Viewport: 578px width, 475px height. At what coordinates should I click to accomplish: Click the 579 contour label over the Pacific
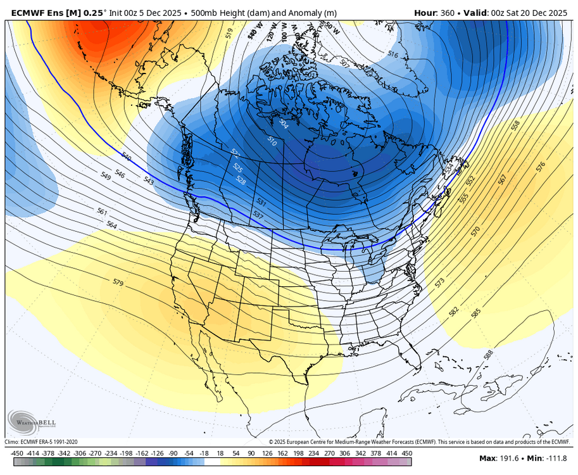(118, 282)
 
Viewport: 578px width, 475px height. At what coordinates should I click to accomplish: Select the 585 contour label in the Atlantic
(476, 312)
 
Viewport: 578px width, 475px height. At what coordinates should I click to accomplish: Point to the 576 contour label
(540, 167)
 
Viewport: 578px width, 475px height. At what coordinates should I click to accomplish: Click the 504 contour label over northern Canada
(283, 124)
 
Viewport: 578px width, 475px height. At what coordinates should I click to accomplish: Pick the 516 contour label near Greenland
(393, 55)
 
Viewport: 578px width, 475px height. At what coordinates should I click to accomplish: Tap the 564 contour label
(111, 225)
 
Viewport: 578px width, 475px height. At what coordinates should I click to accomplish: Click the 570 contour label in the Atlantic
(476, 231)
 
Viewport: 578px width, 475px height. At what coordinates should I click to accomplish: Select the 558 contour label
(515, 126)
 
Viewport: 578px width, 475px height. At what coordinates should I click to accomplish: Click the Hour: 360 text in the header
(436, 13)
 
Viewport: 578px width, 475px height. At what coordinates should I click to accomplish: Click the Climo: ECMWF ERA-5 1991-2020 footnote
(41, 442)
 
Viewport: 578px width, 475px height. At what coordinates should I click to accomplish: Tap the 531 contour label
(261, 202)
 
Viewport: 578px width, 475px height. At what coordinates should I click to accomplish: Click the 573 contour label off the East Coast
(440, 281)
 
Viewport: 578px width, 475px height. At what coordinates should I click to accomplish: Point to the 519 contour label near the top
(229, 31)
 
